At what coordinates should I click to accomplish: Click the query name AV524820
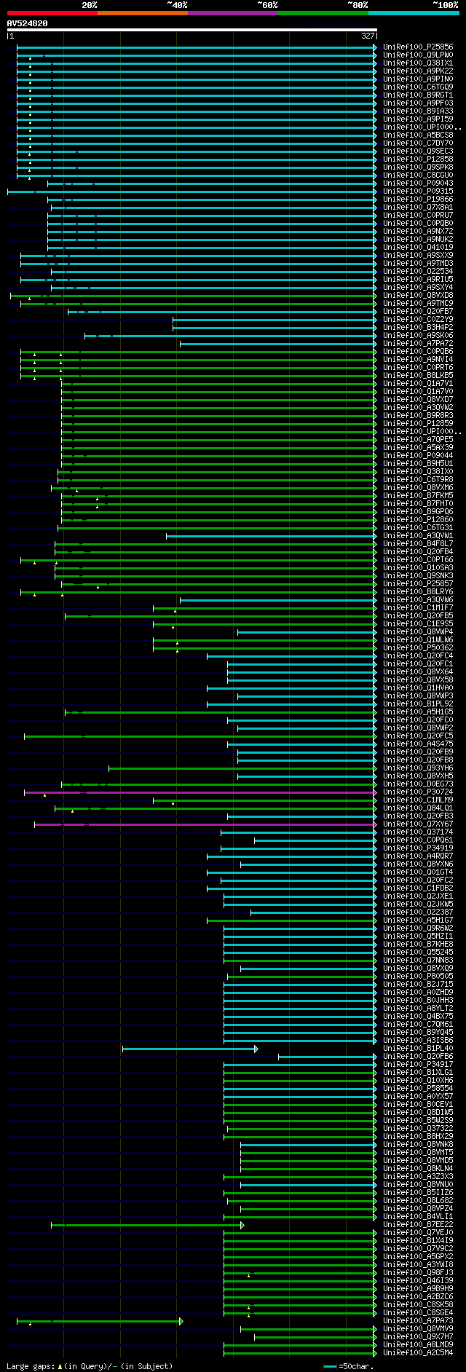[28, 23]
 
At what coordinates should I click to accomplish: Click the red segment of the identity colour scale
[52, 13]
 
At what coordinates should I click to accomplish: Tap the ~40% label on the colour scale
[177, 5]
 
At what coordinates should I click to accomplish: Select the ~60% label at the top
[267, 5]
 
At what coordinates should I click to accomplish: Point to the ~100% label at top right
[445, 5]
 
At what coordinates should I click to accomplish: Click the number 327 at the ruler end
[368, 36]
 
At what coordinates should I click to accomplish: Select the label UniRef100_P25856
[418, 47]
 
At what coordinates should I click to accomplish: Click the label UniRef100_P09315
[418, 192]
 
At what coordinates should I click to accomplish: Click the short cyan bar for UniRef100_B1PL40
[189, 1049]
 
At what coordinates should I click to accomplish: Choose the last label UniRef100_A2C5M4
[418, 1353]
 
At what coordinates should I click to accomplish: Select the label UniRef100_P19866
[418, 200]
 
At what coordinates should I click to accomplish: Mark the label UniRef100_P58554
[418, 1089]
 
